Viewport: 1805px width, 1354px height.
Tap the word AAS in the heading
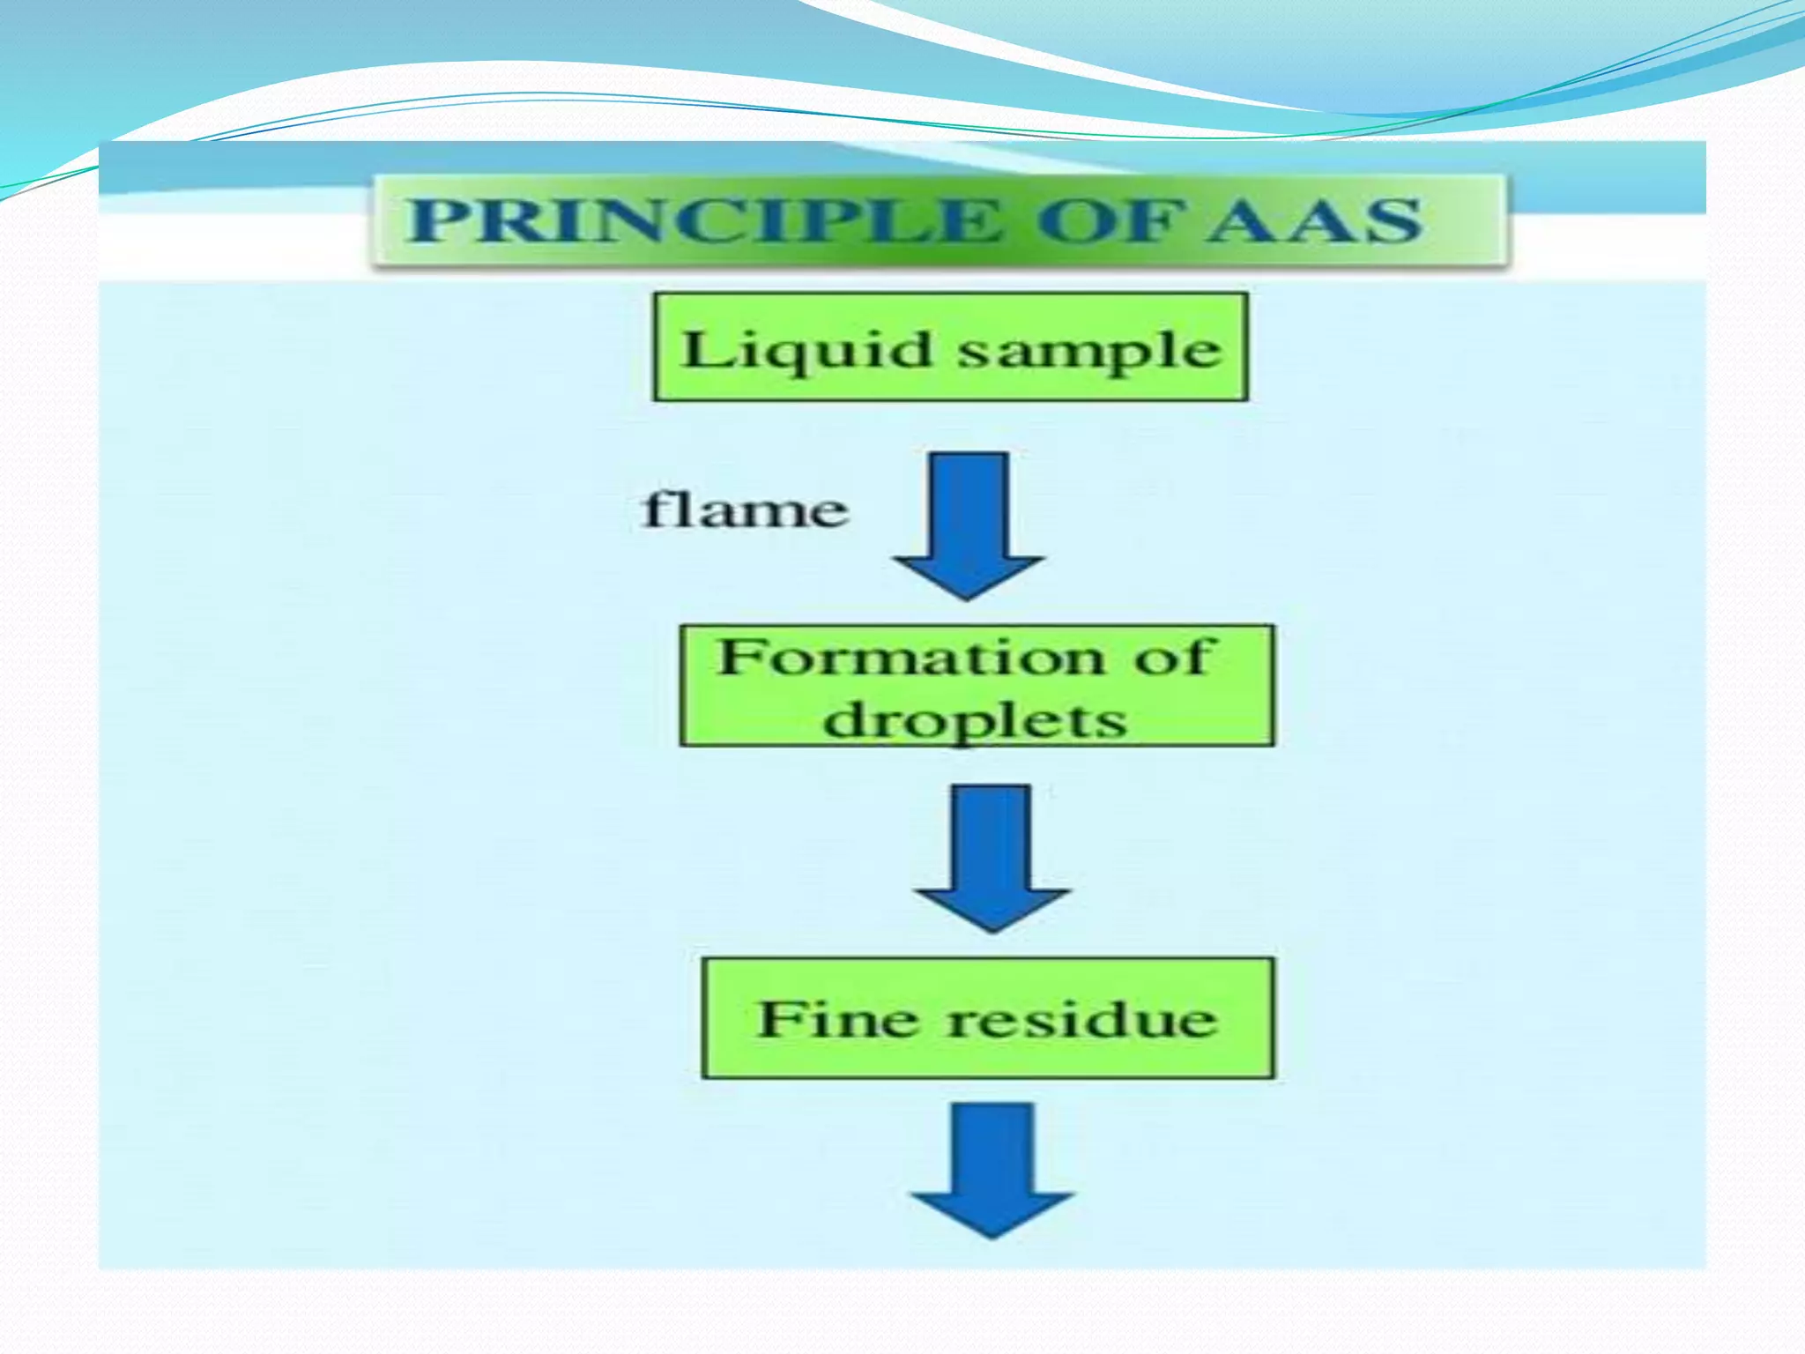tap(1314, 220)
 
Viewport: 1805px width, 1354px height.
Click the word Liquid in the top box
tap(806, 351)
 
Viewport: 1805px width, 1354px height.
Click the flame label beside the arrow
tap(745, 511)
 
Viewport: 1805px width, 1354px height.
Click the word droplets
tap(975, 721)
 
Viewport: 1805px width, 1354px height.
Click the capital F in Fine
tap(777, 1019)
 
